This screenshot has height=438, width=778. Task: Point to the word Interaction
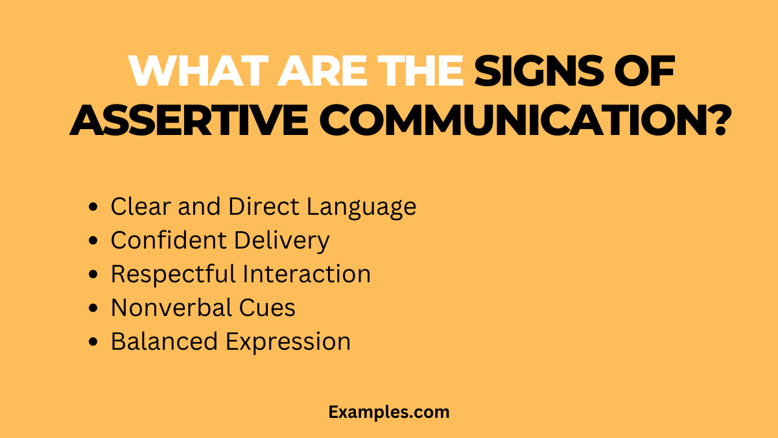pos(307,274)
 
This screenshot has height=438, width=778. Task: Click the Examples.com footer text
pos(389,411)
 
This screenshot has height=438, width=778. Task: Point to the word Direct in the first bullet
pos(265,206)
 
